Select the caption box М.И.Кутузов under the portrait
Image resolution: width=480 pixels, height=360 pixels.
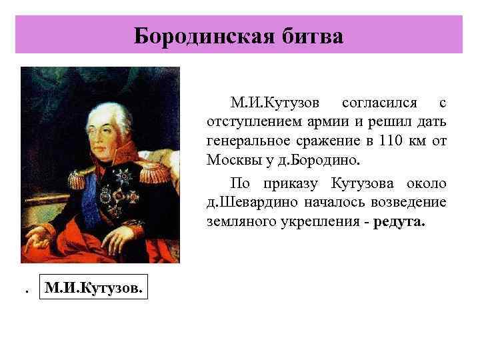[x=92, y=289]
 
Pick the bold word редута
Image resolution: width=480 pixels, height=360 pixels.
[x=398, y=221]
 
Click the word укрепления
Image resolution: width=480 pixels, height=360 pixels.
[x=312, y=221]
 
